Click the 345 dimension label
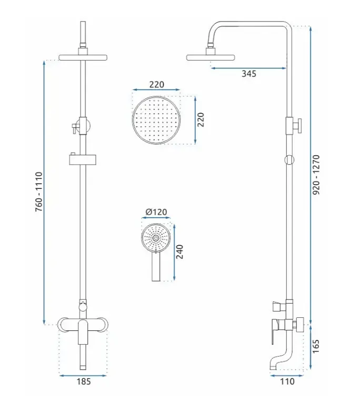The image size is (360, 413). click(249, 74)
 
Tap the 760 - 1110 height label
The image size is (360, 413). click(39, 192)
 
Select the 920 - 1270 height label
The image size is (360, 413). click(316, 175)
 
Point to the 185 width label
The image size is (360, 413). click(84, 381)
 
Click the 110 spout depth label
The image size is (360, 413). click(287, 381)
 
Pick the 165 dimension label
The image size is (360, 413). click(316, 346)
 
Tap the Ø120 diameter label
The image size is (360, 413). click(156, 212)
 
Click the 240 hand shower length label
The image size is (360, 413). click(179, 251)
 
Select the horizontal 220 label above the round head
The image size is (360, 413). click(156, 84)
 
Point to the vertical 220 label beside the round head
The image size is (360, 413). click(201, 119)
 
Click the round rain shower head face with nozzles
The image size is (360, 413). click(156, 120)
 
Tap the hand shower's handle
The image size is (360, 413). click(156, 266)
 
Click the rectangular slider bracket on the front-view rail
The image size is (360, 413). click(83, 159)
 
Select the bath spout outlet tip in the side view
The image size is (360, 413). click(273, 367)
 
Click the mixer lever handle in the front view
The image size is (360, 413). click(83, 332)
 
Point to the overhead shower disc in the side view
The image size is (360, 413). click(211, 57)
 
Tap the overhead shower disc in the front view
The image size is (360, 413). click(83, 57)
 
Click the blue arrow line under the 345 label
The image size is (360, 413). click(248, 68)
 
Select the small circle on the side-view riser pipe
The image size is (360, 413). click(289, 159)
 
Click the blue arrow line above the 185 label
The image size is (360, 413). click(83, 376)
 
